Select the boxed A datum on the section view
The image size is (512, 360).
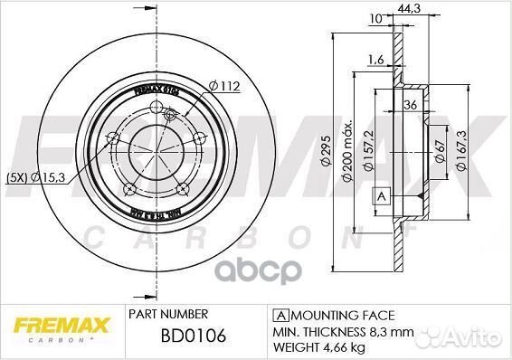coord(381,196)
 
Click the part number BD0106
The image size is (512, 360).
coord(179,336)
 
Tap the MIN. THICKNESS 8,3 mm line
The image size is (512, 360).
coord(346,331)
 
